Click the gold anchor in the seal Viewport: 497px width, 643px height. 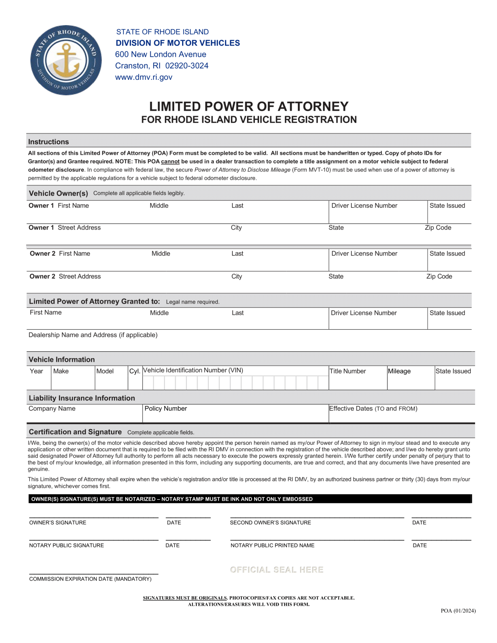click(66, 61)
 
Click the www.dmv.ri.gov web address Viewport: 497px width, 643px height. click(143, 77)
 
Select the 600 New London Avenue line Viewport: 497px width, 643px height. click(160, 54)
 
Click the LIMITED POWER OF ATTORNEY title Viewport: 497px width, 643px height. click(248, 106)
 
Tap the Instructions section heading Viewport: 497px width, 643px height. click(48, 142)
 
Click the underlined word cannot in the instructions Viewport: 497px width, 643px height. click(170, 161)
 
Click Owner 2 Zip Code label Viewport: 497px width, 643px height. click(439, 276)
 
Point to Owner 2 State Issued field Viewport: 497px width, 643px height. click(449, 263)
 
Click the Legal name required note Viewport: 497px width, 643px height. click(192, 302)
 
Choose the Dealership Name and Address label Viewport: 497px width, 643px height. click(93, 335)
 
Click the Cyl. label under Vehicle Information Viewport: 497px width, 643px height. click(135, 371)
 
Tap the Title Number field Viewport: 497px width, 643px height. click(358, 381)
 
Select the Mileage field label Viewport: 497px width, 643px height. click(399, 371)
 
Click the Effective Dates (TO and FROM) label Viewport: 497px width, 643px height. click(373, 408)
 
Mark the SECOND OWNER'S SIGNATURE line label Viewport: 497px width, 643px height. click(270, 522)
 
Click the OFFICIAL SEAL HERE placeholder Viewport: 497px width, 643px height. click(277, 570)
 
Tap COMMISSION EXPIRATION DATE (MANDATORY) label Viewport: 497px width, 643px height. click(90, 579)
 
